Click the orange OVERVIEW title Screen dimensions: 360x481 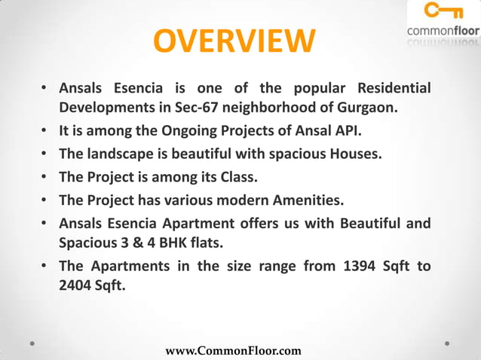point(234,43)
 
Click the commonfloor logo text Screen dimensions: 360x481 point(443,31)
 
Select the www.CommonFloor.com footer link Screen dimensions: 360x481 point(233,351)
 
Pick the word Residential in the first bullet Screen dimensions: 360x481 point(394,89)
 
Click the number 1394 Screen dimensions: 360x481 point(332,267)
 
